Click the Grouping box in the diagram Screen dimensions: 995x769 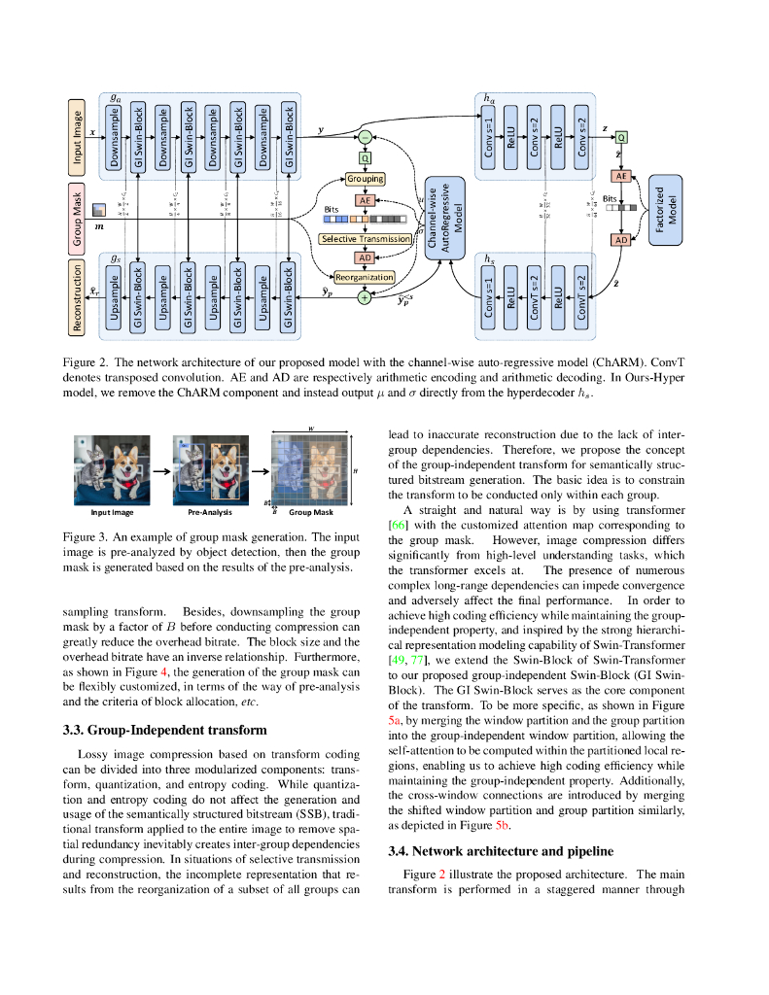pyautogui.click(x=366, y=179)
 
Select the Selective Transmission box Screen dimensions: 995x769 pyautogui.click(x=366, y=238)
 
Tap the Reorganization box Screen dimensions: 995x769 pyautogui.click(x=365, y=277)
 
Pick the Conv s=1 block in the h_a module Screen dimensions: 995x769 pyautogui.click(x=489, y=136)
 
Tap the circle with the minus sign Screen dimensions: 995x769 pyautogui.click(x=366, y=137)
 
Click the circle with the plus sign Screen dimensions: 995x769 pyautogui.click(x=366, y=297)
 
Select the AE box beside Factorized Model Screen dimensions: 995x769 pyautogui.click(x=620, y=176)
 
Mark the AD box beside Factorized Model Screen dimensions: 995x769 pyautogui.click(x=620, y=239)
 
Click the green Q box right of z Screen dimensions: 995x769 pyautogui.click(x=620, y=137)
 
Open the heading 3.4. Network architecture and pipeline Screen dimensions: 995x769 pyautogui.click(x=501, y=851)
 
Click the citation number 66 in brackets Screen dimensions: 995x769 pyautogui.click(x=397, y=526)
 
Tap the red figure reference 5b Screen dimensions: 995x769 pyautogui.click(x=503, y=824)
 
